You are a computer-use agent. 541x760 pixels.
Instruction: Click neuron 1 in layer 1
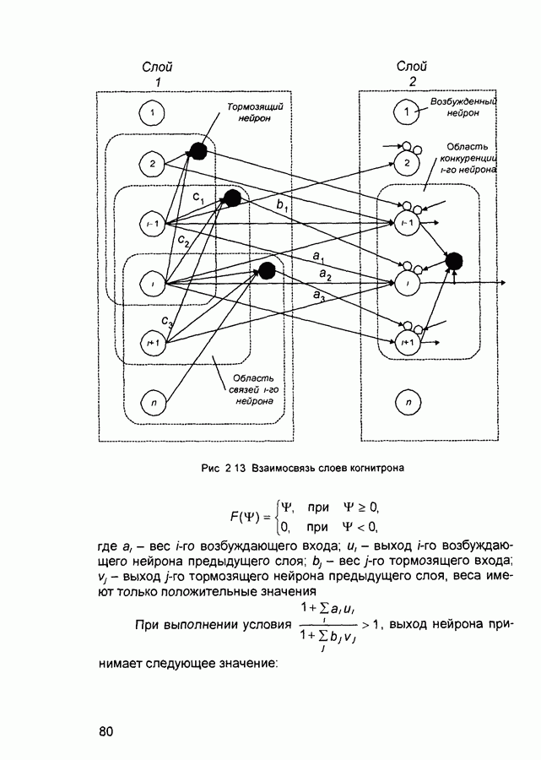[x=151, y=111]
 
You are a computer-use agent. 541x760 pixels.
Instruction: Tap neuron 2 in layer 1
[x=151, y=163]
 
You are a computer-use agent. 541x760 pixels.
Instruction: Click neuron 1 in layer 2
[x=408, y=111]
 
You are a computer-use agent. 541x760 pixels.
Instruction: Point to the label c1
[x=199, y=196]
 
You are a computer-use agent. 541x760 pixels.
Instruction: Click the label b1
[x=281, y=205]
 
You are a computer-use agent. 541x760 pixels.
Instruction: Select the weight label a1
[x=319, y=255]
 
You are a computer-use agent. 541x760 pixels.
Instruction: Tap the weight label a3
[x=319, y=296]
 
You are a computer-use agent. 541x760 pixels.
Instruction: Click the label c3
[x=169, y=321]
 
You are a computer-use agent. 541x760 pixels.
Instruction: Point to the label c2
[x=183, y=241]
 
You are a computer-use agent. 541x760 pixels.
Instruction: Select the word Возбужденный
[x=463, y=100]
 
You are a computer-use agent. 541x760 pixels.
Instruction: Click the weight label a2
[x=324, y=276]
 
